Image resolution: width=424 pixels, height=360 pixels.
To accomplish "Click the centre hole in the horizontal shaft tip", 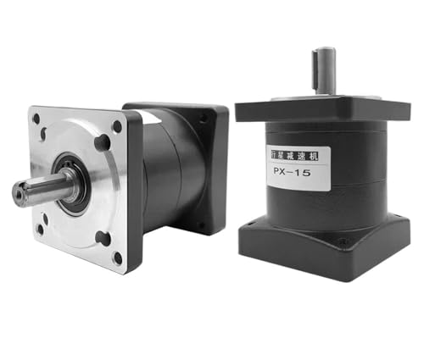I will point(18,193).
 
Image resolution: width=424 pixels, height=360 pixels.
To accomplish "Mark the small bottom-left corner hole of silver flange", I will point(39,229).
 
